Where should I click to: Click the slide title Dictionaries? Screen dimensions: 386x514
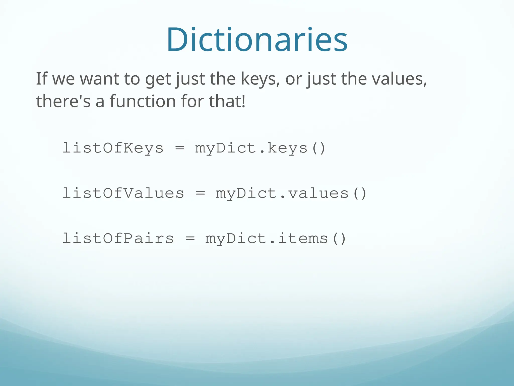point(257,40)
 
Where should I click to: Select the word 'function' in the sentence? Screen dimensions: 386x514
point(143,101)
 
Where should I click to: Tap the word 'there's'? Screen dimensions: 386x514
point(63,101)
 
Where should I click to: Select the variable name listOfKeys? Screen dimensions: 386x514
point(113,148)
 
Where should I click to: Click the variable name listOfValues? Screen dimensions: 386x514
point(123,193)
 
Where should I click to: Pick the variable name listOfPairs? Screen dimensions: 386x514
point(118,238)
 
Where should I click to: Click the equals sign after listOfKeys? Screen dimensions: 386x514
point(180,148)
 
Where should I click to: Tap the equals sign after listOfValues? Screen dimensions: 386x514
point(200,194)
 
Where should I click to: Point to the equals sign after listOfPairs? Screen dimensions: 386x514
point(190,239)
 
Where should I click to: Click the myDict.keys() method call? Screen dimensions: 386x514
point(260,148)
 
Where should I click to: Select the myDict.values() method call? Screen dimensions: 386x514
point(291,193)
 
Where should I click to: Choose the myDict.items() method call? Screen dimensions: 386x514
point(276,238)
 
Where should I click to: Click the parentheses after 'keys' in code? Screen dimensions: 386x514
point(318,148)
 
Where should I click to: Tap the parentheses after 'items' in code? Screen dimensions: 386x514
point(339,239)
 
